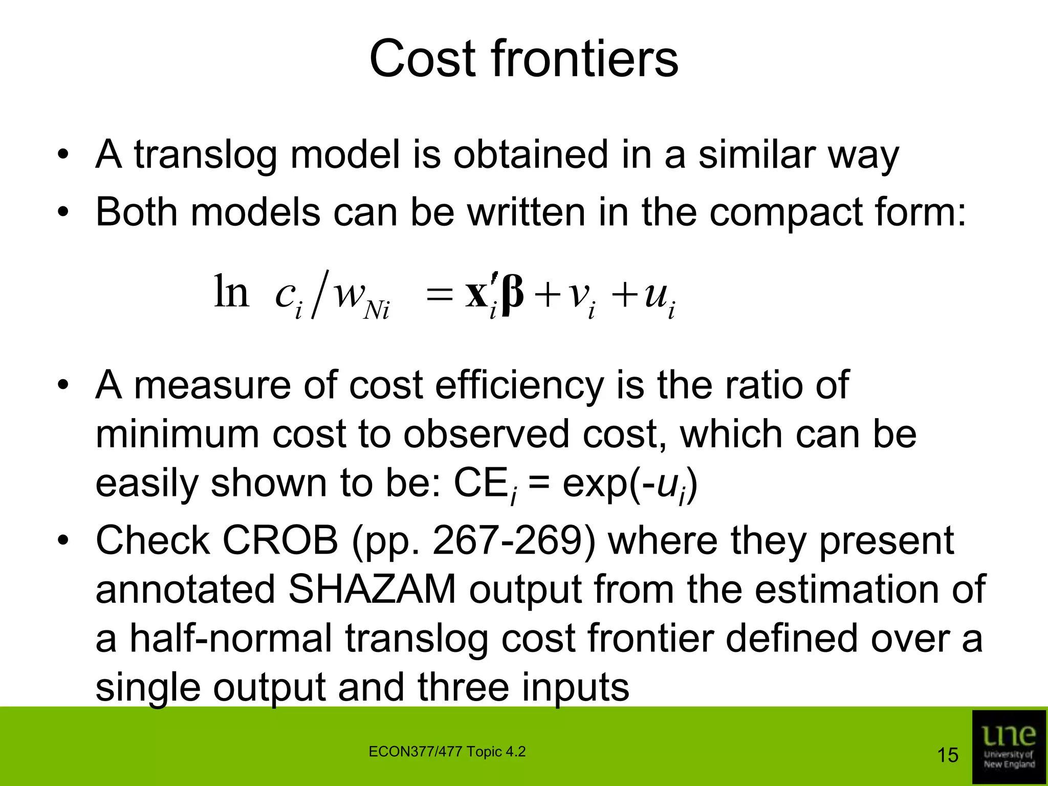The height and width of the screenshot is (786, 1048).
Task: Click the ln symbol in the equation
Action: [x=231, y=292]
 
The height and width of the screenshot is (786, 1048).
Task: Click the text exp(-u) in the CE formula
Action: [x=629, y=484]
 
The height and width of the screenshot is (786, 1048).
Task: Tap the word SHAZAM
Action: [x=372, y=589]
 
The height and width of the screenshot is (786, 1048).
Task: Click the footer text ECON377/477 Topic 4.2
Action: [x=447, y=752]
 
